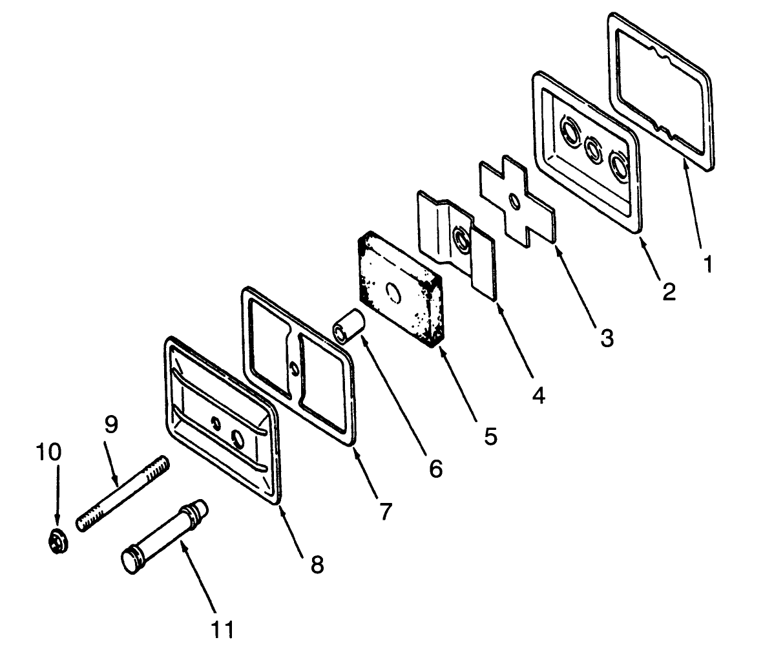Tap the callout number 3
(607, 337)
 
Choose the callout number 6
(436, 469)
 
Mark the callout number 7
(386, 511)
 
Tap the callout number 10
(48, 452)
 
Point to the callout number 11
(222, 629)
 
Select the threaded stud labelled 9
(123, 493)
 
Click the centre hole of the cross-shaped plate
(514, 200)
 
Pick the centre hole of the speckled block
(392, 291)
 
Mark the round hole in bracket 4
(461, 238)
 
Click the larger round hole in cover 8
(238, 439)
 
